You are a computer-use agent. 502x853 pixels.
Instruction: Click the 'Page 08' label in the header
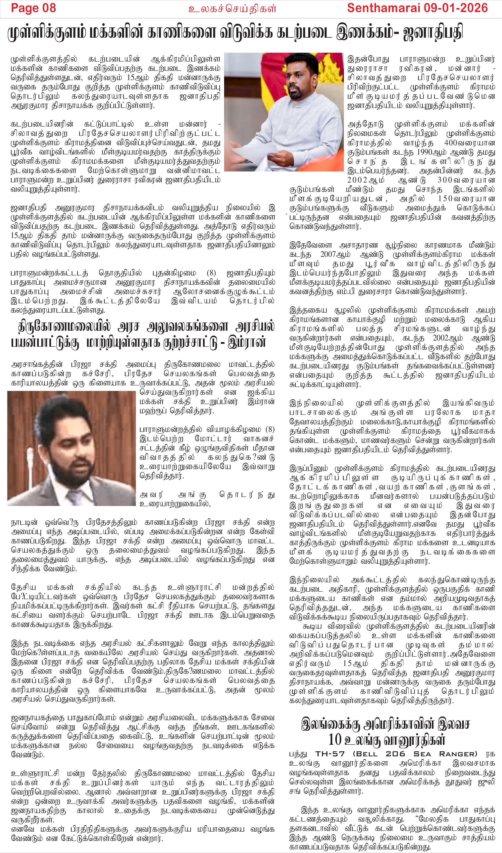pyautogui.click(x=33, y=8)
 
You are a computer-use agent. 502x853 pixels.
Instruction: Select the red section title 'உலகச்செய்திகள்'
pyautogui.click(x=232, y=9)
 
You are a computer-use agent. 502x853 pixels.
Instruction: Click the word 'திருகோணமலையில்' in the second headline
pyautogui.click(x=64, y=327)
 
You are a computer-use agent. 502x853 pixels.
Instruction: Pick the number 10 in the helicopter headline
pyautogui.click(x=335, y=740)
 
